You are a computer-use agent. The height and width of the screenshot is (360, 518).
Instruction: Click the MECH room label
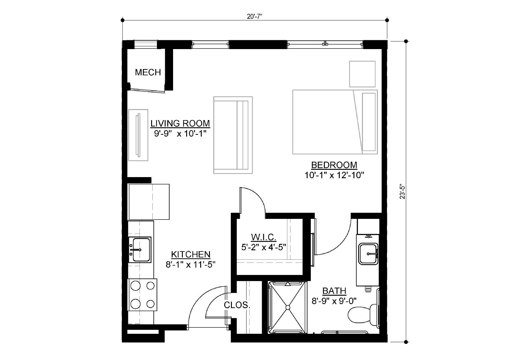(148, 73)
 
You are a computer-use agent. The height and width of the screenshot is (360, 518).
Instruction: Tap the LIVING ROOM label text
(180, 123)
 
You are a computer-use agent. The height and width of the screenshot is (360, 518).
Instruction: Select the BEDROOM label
(334, 165)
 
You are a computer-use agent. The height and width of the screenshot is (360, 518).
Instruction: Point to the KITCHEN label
(191, 254)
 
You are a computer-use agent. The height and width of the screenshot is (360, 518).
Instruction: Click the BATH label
(334, 291)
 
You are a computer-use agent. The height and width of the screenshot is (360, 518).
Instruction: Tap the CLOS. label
(237, 305)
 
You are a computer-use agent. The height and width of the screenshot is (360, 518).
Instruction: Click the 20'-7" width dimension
(254, 16)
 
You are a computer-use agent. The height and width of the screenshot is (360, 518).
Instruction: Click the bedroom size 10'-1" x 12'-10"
(334, 175)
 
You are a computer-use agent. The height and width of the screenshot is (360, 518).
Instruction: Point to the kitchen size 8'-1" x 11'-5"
(190, 264)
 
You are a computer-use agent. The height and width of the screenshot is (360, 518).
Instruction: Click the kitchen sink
(140, 250)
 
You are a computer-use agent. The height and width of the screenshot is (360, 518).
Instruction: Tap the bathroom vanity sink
(368, 254)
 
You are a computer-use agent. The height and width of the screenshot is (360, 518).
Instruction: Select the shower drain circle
(288, 308)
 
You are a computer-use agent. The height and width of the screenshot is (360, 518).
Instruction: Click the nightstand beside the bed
(362, 74)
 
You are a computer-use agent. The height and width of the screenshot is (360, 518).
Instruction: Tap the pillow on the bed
(369, 122)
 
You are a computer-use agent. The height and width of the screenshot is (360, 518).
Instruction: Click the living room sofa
(233, 135)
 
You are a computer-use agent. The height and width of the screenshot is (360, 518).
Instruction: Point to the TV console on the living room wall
(138, 135)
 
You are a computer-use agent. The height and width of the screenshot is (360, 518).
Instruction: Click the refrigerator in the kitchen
(148, 202)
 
